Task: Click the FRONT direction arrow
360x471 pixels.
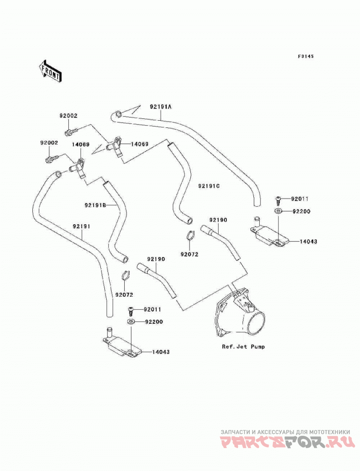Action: tap(50, 71)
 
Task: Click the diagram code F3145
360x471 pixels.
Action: tap(306, 56)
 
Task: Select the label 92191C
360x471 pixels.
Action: tap(209, 186)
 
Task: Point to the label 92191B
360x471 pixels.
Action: tap(95, 205)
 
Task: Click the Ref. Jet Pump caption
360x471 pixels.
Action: tap(243, 346)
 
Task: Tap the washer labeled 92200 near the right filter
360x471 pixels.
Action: tap(278, 211)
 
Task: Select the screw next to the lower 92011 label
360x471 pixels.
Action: tap(130, 310)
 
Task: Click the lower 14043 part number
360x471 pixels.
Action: tap(161, 352)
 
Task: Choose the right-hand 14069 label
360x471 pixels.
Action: tap(139, 144)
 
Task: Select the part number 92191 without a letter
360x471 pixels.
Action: tap(81, 226)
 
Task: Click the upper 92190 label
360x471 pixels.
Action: tap(218, 220)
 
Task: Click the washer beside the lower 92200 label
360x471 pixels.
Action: tap(130, 322)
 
